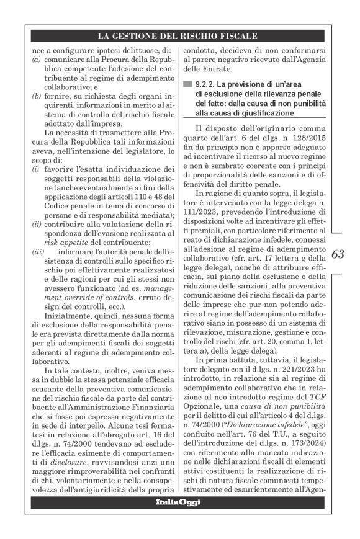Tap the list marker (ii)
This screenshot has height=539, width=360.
[x=37, y=218]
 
